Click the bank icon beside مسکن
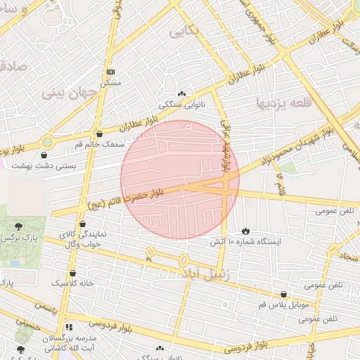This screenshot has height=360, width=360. click(x=110, y=72)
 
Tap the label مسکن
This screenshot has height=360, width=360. click(x=111, y=82)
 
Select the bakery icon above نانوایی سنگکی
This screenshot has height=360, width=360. click(x=181, y=94)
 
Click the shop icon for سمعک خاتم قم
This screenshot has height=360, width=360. click(x=98, y=133)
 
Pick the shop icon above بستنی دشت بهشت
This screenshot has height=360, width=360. click(x=45, y=155)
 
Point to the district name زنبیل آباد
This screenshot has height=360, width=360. click(x=208, y=271)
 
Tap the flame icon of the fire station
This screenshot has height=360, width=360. click(x=245, y=230)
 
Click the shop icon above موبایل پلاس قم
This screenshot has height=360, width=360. click(x=283, y=295)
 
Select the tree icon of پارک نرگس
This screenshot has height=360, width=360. click(x=19, y=226)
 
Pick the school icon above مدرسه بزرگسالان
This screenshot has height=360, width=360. click(x=69, y=327)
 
